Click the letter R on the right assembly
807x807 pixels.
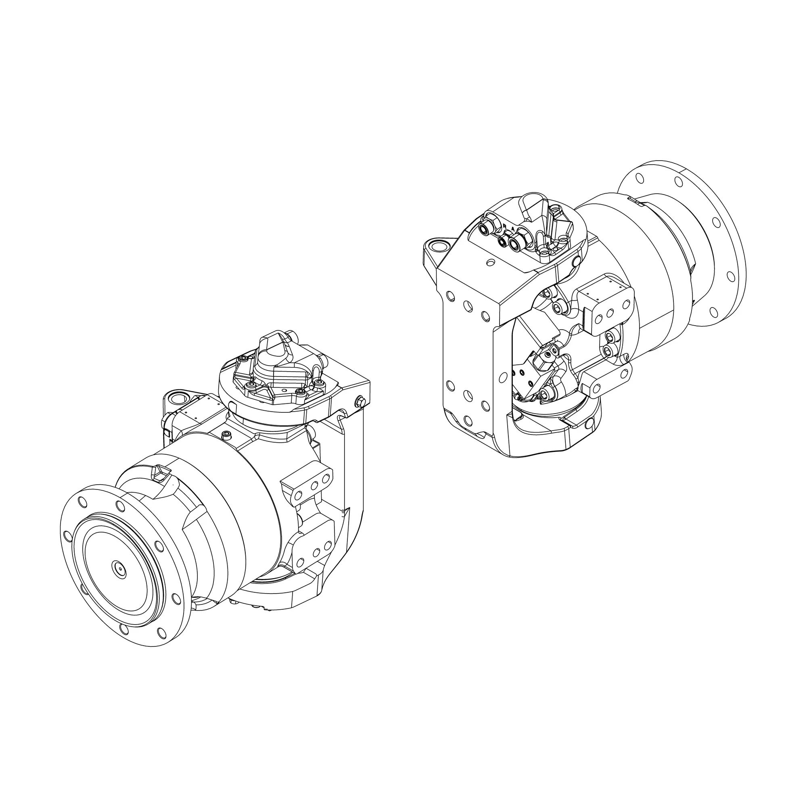coord(505,226)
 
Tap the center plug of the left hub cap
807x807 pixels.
coord(119,568)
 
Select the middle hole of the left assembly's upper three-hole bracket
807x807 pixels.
coord(314,485)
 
